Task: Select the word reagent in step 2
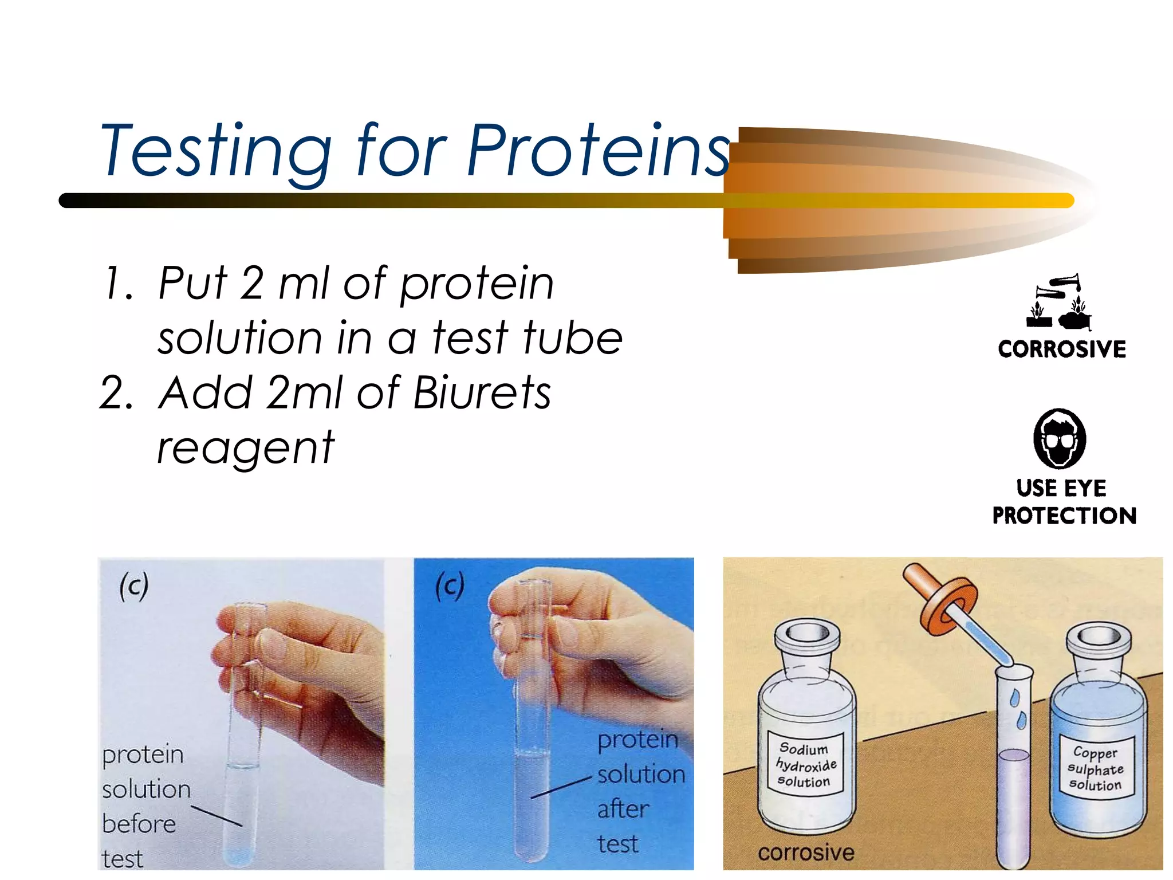coord(245,449)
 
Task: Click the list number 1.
coord(117,284)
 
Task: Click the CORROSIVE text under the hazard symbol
coord(1061,349)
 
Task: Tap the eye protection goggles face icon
coord(1059,438)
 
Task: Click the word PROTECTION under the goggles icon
coord(1064,516)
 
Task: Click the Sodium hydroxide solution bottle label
coord(805,765)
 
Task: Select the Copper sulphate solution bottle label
coord(1095,769)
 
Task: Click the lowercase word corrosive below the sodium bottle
coord(806,852)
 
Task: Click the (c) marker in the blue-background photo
coord(450,586)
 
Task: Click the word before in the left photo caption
coord(139,824)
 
